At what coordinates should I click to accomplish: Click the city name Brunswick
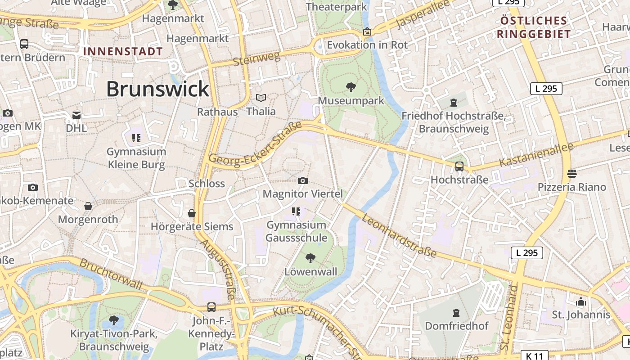tap(157, 89)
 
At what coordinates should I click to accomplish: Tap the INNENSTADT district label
tap(123, 51)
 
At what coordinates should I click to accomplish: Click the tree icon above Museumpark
tap(351, 87)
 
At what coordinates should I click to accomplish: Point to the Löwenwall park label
tap(310, 272)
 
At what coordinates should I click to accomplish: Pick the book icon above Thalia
tap(261, 98)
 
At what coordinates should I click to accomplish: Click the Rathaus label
tap(217, 112)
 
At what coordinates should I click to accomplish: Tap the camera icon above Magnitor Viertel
tap(303, 181)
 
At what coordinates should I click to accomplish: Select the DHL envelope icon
tap(76, 115)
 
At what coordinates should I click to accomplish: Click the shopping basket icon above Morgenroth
tap(88, 206)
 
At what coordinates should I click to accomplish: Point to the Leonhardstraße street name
tap(399, 235)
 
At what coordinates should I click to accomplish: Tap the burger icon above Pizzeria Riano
tap(572, 173)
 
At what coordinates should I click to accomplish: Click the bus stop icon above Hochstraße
tap(459, 166)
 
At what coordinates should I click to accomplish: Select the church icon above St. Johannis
tap(581, 301)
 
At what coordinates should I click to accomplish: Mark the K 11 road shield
tap(534, 356)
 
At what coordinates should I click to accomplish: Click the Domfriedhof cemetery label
tap(456, 326)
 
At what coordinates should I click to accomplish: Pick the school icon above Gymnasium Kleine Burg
tap(136, 138)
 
